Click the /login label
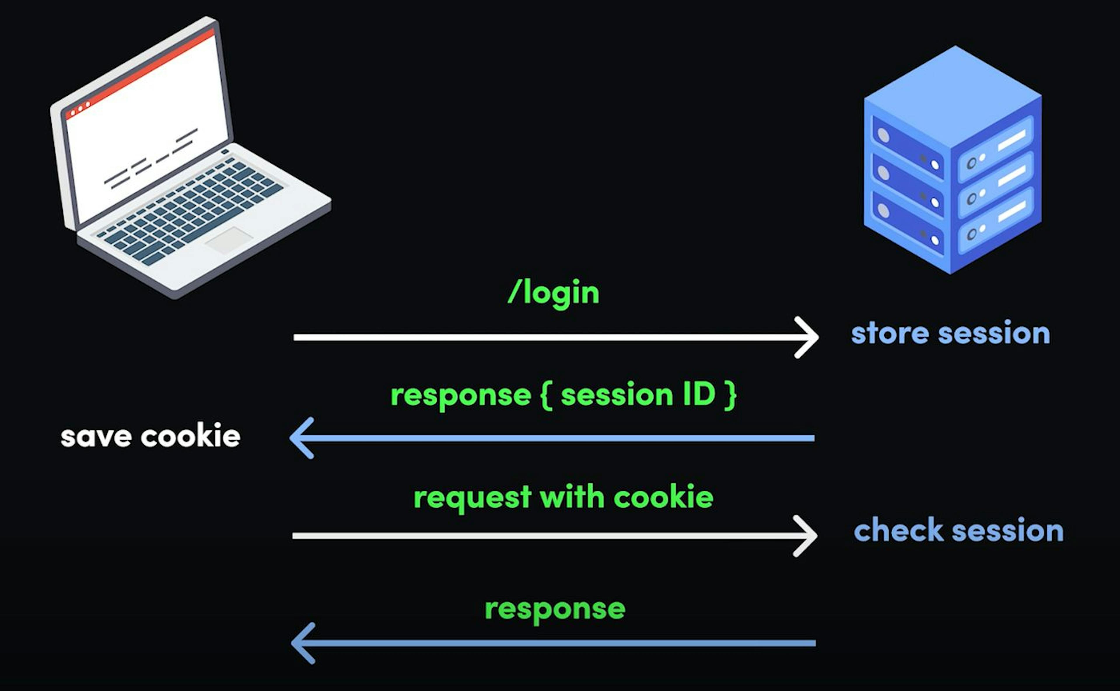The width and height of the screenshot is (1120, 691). (553, 292)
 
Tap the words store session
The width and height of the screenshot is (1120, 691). (950, 333)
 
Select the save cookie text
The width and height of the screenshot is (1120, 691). (150, 436)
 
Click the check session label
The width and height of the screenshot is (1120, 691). (958, 531)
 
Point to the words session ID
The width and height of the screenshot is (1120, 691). (638, 394)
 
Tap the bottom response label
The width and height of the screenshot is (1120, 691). (554, 609)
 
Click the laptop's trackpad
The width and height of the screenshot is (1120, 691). (229, 240)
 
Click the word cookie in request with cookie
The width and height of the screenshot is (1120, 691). (663, 497)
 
